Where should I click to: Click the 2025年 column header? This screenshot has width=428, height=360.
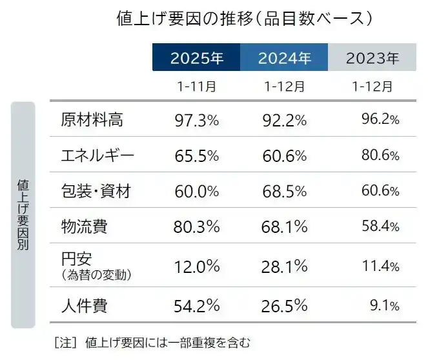coord(196,59)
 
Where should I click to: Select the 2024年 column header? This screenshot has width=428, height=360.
coord(284,59)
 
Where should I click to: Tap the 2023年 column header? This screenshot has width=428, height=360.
coord(372,59)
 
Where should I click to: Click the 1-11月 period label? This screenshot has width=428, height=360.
coord(196,86)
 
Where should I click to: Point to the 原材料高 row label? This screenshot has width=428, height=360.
coord(91,119)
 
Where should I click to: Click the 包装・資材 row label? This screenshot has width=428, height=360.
coord(96,191)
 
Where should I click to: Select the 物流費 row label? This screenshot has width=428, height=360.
coord(84,226)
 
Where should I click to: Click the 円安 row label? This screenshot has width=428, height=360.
coord(77,259)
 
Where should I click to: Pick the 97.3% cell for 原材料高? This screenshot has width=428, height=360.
coord(197,119)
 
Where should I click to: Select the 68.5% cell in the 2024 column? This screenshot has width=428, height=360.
coord(285,191)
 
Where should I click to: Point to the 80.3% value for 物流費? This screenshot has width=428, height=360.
coord(197,226)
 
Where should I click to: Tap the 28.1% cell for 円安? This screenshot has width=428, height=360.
coord(285,266)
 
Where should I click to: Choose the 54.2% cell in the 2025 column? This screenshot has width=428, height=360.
coord(197,305)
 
